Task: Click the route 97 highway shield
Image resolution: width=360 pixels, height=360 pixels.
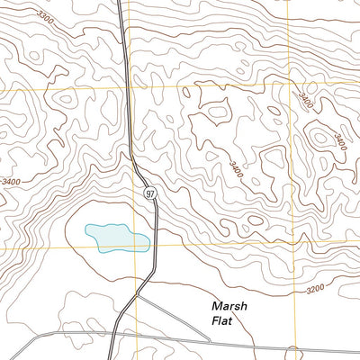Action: (x=148, y=193)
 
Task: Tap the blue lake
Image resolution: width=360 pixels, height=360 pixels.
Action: (x=117, y=237)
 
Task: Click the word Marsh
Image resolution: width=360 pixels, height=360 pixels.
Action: (x=229, y=305)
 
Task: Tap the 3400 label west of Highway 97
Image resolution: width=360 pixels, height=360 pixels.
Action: (x=13, y=182)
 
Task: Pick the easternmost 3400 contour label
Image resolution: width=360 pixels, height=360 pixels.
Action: (x=339, y=140)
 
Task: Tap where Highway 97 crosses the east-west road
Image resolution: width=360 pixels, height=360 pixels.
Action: (x=112, y=335)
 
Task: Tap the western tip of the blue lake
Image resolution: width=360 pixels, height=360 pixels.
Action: (x=85, y=230)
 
